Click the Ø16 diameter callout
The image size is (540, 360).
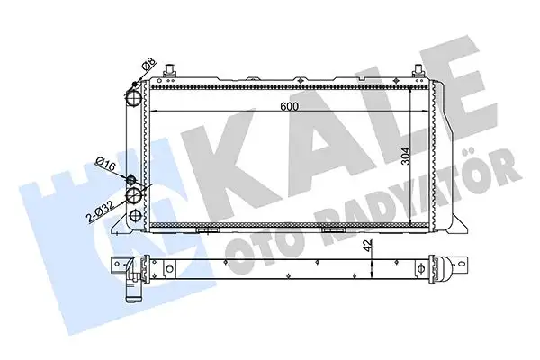tap(105, 164)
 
